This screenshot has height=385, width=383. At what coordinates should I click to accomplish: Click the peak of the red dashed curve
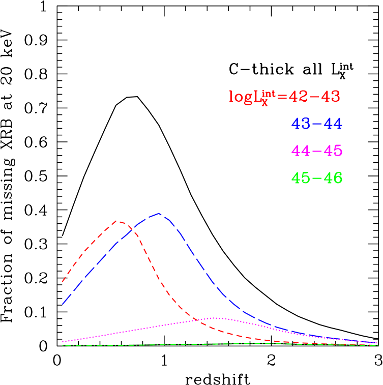pyautogui.click(x=118, y=221)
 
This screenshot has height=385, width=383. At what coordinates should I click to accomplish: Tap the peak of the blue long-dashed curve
pyautogui.click(x=160, y=214)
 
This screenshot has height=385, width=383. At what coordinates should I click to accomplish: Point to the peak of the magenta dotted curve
pyautogui.click(x=215, y=318)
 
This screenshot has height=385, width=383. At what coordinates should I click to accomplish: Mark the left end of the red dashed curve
pyautogui.click(x=63, y=281)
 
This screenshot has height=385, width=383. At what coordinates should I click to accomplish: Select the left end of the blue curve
pyautogui.click(x=63, y=304)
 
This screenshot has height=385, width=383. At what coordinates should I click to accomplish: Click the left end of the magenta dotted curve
pyautogui.click(x=63, y=342)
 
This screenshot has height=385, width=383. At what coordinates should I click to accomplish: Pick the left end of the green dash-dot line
pyautogui.click(x=63, y=346)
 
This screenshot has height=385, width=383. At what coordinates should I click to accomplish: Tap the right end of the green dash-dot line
pyautogui.click(x=377, y=345)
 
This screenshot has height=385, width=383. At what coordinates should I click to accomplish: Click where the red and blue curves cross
pyautogui.click(x=133, y=229)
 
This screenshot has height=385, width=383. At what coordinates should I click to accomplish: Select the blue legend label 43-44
pyautogui.click(x=316, y=124)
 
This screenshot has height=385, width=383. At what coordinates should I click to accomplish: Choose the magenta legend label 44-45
pyautogui.click(x=316, y=151)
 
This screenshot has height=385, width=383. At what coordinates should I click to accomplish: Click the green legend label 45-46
pyautogui.click(x=316, y=179)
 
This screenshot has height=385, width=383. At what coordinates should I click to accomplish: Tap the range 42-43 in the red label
pyautogui.click(x=314, y=97)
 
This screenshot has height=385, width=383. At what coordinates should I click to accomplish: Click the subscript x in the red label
pyautogui.click(x=264, y=103)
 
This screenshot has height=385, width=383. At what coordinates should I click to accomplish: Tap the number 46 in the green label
pyautogui.click(x=332, y=179)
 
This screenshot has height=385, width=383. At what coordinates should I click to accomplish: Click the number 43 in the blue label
pyautogui.click(x=301, y=124)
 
